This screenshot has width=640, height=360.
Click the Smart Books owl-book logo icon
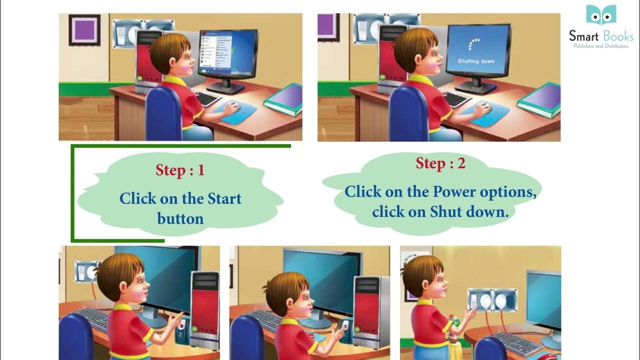[x=601, y=15]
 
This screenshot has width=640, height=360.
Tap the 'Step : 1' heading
[x=180, y=170]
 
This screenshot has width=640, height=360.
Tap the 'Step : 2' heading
[x=440, y=163]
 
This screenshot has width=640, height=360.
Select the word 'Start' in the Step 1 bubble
[x=224, y=198]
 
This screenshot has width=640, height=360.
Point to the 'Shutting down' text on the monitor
[x=476, y=61]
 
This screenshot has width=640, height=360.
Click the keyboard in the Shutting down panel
[x=455, y=98]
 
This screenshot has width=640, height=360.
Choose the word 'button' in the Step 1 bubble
[x=180, y=218]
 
